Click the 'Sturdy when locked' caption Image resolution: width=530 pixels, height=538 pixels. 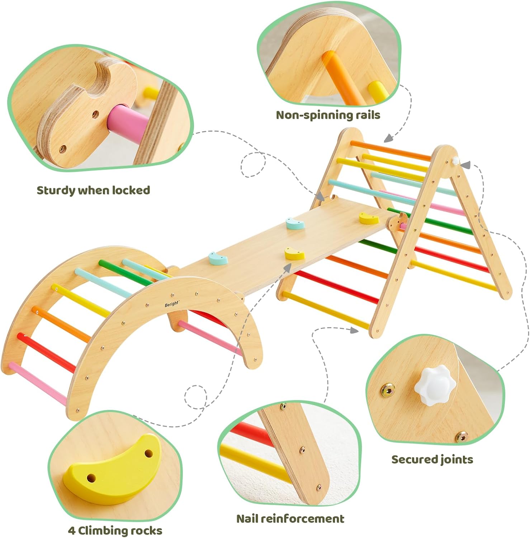[93, 190]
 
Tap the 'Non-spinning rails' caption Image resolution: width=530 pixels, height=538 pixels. [328, 115]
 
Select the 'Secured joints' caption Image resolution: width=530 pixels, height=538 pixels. [432, 459]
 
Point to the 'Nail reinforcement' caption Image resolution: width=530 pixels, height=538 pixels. [290, 518]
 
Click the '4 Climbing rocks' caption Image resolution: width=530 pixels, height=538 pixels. [115, 530]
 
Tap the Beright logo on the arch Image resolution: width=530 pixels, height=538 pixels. [172, 304]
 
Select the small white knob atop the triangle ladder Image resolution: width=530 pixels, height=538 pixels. [456, 160]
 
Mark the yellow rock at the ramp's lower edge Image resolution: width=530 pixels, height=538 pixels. [294, 254]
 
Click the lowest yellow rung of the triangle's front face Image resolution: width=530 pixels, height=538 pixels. [326, 310]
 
